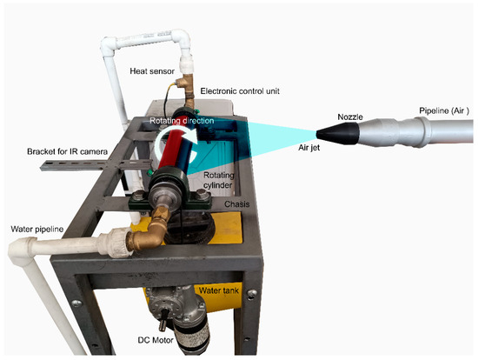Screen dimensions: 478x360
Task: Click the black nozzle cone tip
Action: pos(317,133)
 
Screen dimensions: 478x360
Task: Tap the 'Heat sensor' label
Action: pos(152,71)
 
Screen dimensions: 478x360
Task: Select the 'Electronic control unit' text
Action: pos(240,91)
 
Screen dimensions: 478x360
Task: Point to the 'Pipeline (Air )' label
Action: pos(444,111)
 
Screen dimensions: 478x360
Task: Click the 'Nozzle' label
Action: pos(350,117)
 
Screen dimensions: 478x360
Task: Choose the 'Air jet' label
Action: pos(309,148)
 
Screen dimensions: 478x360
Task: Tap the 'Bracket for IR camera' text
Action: pos(68,151)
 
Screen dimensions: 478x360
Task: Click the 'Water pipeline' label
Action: pos(37,229)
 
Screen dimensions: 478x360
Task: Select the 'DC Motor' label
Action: pos(156,340)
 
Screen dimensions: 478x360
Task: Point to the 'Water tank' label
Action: pos(219,290)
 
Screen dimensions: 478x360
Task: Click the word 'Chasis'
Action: pos(237,204)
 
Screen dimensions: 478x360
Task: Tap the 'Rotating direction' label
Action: pos(182,121)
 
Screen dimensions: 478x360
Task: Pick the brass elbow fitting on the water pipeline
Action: pos(149,232)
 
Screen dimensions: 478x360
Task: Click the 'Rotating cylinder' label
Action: pos(218,180)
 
